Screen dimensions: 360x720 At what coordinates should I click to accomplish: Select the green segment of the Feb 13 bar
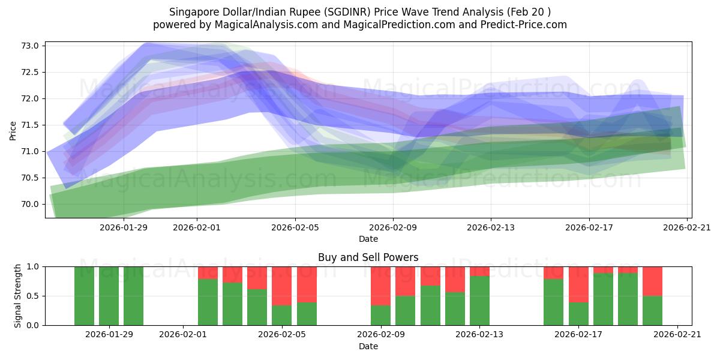pos(479,301)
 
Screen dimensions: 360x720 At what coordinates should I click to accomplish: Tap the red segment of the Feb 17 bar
pos(578,284)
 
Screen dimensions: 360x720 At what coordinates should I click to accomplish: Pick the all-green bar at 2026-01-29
pos(109,296)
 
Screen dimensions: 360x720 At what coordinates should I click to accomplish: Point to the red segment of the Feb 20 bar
pos(652,281)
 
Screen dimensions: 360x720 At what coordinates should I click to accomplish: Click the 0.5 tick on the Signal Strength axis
pos(33,296)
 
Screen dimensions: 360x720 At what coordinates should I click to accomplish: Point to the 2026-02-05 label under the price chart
pos(295,227)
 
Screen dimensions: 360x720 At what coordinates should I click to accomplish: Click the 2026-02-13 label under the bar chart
pos(479,334)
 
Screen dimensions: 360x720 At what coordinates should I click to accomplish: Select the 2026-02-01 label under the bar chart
pos(183,334)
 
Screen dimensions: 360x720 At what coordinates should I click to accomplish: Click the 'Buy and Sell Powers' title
pos(368,257)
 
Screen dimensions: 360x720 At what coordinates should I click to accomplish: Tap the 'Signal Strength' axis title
pos(18,295)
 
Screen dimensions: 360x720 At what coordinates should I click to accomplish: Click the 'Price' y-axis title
pos(13,131)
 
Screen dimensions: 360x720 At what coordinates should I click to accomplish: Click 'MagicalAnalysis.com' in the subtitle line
pos(259,25)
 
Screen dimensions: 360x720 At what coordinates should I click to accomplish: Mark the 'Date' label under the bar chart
pos(368,346)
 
